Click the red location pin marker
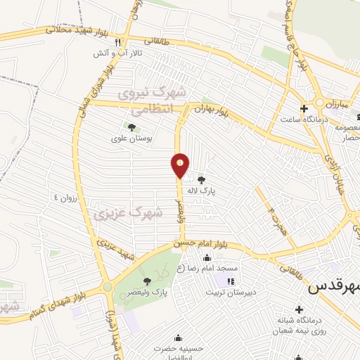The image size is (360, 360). click(181, 165)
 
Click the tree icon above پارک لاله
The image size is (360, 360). click(202, 180)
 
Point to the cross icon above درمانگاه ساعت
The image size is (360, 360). click(304, 108)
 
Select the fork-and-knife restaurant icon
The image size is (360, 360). click(127, 42)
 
